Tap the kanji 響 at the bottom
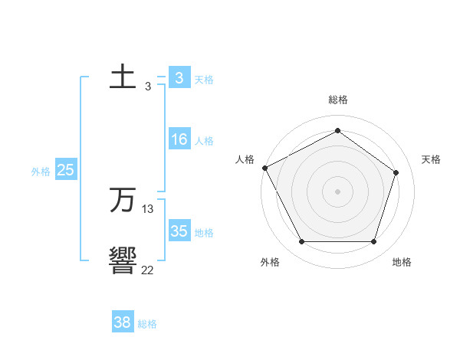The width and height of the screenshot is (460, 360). [123, 261]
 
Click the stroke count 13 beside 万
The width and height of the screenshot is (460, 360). [148, 209]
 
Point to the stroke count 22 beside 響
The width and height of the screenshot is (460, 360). [148, 270]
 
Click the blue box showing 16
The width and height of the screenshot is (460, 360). [179, 139]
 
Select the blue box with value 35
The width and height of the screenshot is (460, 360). [179, 231]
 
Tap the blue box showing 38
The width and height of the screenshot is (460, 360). [123, 322]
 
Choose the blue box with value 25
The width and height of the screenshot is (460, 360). [65, 170]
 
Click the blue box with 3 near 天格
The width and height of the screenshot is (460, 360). [179, 78]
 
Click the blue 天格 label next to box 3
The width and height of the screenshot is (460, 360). [204, 79]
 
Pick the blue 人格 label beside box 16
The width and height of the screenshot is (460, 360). [204, 141]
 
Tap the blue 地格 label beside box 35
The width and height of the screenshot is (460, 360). [204, 233]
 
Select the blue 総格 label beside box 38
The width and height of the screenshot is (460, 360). [147, 324]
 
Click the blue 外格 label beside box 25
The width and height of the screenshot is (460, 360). [41, 172]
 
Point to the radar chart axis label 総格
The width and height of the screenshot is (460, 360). [338, 100]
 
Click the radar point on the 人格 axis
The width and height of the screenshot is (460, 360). [264, 168]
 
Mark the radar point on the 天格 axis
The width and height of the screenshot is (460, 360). [396, 172]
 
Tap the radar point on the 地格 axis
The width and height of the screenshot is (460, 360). [373, 241]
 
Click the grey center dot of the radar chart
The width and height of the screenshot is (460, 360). [338, 191]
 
